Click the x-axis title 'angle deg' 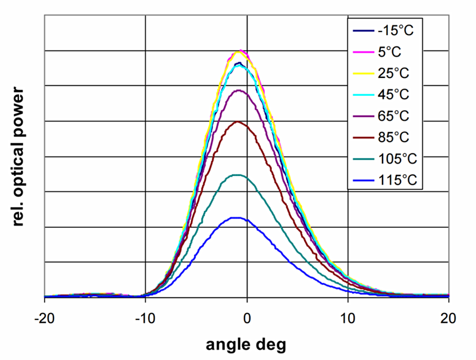point(246,344)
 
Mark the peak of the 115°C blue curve point(237,218)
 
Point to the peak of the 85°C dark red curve point(239,121)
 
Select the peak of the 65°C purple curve point(239,90)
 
